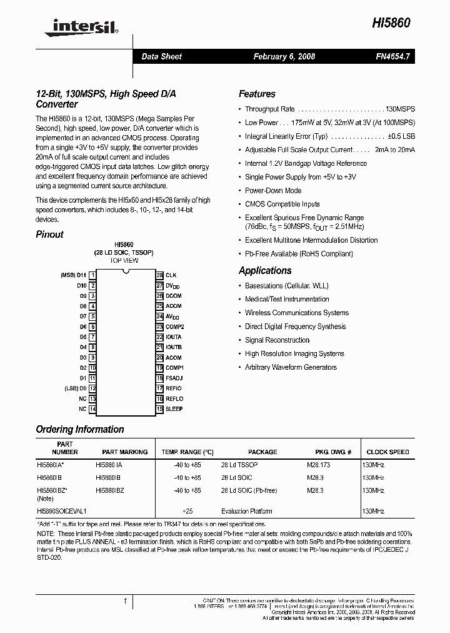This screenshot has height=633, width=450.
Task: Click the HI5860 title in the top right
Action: (x=393, y=23)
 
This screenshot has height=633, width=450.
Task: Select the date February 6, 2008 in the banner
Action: (x=284, y=56)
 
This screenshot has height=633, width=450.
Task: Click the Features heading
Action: (x=257, y=94)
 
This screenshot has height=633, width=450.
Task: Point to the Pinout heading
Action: (x=50, y=235)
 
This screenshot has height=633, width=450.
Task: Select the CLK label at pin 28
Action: (x=171, y=275)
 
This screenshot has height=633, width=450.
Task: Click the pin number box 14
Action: (x=92, y=409)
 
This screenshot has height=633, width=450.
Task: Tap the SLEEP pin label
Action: (x=174, y=409)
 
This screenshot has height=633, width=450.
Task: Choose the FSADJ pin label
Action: (x=174, y=378)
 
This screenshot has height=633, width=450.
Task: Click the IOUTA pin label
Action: (x=174, y=337)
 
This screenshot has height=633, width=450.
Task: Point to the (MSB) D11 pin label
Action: (x=73, y=275)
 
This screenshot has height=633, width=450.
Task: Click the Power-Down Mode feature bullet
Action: (x=273, y=190)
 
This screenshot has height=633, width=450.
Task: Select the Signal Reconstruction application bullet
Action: (x=277, y=340)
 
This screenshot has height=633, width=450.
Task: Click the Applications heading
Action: (x=265, y=271)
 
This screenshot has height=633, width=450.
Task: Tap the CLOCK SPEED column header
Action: (x=387, y=452)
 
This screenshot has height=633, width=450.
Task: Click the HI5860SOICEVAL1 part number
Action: (x=61, y=511)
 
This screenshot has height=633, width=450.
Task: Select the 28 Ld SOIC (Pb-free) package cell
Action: (x=249, y=491)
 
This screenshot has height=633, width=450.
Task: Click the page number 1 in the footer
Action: (x=125, y=601)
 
